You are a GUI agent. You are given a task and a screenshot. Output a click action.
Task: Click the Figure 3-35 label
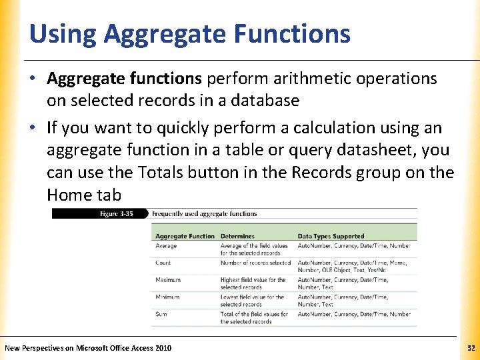click(117, 214)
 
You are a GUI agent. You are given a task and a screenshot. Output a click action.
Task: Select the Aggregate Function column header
click(185, 236)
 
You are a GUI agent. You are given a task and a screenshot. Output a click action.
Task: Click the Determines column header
click(237, 236)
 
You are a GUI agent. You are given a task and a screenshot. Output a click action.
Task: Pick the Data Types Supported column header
click(331, 236)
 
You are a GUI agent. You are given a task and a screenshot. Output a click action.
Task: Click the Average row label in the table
click(166, 246)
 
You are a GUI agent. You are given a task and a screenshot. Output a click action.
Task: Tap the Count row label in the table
click(163, 263)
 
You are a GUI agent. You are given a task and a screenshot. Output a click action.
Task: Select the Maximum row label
click(168, 280)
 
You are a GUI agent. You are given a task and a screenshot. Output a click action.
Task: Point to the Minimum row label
click(167, 297)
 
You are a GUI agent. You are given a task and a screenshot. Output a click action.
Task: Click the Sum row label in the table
click(161, 314)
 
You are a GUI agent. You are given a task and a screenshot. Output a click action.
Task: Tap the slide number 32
click(471, 348)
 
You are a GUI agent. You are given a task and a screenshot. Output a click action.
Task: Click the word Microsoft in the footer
click(93, 348)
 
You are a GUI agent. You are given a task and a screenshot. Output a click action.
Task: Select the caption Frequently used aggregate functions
click(204, 214)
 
